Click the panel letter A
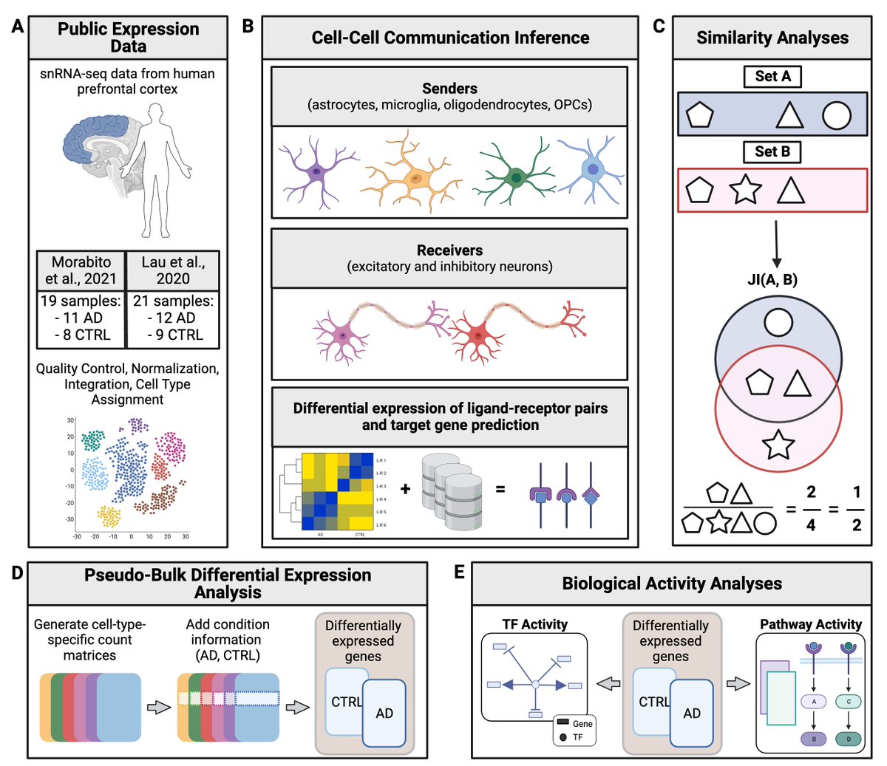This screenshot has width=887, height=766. [x=17, y=27]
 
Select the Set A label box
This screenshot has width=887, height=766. [x=772, y=76]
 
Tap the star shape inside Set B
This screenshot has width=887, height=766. [x=745, y=190]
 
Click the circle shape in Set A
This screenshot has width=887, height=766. [x=837, y=115]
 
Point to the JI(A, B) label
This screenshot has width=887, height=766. [x=772, y=279]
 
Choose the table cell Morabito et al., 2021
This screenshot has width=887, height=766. [x=81, y=270]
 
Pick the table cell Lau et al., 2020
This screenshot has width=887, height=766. [x=173, y=270]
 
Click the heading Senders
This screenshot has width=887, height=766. [x=449, y=89]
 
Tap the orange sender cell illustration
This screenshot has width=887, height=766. [x=415, y=177]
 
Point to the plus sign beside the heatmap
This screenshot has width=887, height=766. [x=406, y=488]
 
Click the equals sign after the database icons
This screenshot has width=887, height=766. [x=500, y=488]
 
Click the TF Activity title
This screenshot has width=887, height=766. [x=534, y=624]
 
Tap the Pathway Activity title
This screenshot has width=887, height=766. [x=811, y=624]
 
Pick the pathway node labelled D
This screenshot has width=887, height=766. [x=849, y=739]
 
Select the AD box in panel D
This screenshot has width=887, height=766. [x=384, y=713]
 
